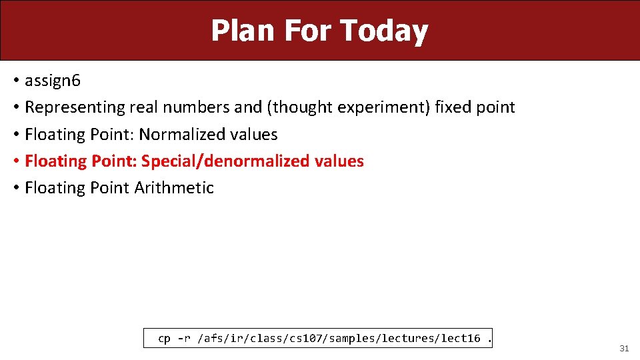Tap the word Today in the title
coord(383,31)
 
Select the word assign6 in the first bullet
coord(53,81)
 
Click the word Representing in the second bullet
coord(75,107)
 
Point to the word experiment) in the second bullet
coord(385,107)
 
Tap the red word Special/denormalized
coord(225,161)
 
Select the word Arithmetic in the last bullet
coord(174,188)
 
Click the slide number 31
coord(624,348)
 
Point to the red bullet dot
coord(15,161)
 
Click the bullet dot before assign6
coord(15,81)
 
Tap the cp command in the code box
coord(164,339)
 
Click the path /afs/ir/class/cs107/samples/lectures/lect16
coord(339,339)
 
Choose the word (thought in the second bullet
coord(301,107)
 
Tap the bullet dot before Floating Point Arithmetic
coord(15,188)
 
